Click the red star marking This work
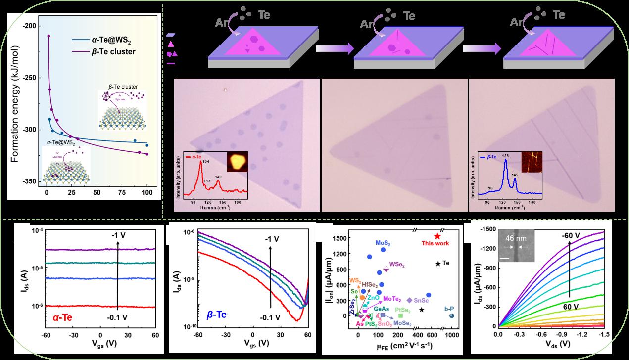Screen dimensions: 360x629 (x=437, y=236)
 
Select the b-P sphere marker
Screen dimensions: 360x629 (x=451, y=316)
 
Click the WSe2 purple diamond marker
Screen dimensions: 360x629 (x=386, y=270)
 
